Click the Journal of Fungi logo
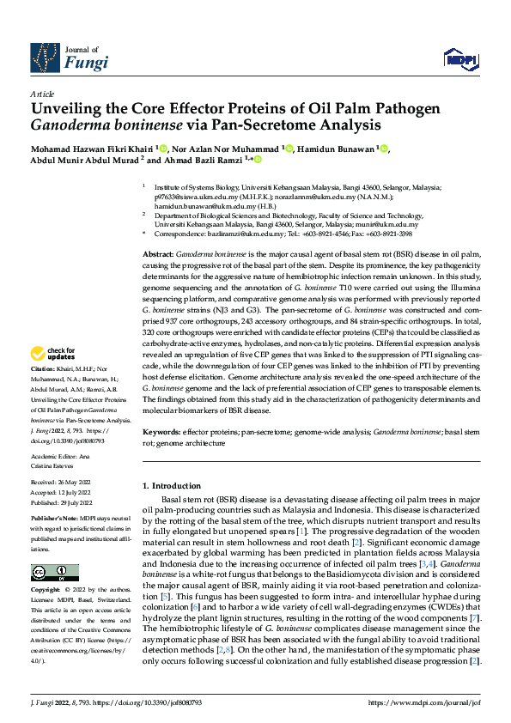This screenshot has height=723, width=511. [x=69, y=58]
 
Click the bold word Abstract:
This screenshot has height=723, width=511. [x=158, y=233]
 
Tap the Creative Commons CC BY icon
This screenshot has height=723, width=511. [x=49, y=573]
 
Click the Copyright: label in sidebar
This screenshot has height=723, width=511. [x=46, y=591]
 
